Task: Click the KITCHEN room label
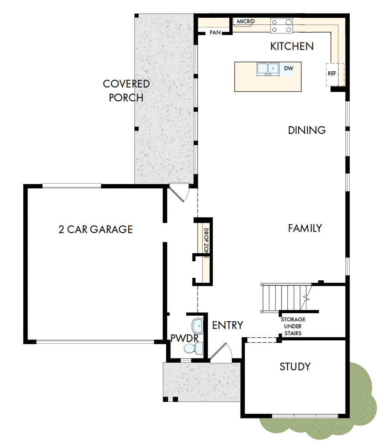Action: point(292,46)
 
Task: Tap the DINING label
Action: point(307,130)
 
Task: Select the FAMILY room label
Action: point(305,228)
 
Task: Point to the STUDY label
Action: point(295,366)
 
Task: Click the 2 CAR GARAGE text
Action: point(95,229)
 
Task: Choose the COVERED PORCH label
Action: point(126,90)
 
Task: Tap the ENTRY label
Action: point(228,325)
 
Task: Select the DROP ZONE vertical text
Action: point(206,243)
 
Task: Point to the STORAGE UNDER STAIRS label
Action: point(293,326)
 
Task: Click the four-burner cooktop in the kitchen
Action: point(282,26)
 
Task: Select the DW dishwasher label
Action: point(288,68)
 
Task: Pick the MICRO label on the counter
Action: point(245,22)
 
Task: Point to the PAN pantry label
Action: point(215,33)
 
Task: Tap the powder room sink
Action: point(197,326)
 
